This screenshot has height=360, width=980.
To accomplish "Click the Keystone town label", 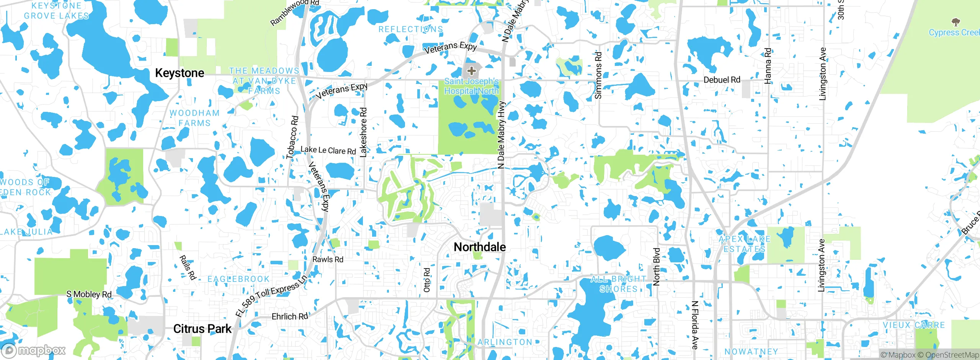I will [x=180, y=73].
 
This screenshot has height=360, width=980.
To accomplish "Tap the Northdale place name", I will [x=480, y=247].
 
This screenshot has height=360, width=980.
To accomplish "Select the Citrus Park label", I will [x=202, y=329].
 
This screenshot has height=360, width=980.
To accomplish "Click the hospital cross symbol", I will [x=472, y=71].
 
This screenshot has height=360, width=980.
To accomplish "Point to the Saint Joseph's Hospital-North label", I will [x=471, y=86].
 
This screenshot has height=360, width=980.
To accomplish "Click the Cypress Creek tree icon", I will [x=955, y=22].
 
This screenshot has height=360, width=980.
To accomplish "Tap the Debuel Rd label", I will [x=722, y=80].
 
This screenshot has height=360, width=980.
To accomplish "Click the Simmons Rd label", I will [x=598, y=75].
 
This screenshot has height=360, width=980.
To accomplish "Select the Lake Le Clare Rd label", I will [x=328, y=150].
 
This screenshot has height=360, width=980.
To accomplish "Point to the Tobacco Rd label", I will [x=292, y=137].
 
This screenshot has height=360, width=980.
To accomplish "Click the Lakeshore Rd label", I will [x=363, y=132].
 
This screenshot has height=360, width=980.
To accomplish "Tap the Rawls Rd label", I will [x=328, y=259].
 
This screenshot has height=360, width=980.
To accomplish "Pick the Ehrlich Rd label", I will [x=289, y=316].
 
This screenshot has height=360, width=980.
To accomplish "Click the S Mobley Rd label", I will [x=89, y=294].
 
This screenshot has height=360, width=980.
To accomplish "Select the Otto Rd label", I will [x=427, y=280].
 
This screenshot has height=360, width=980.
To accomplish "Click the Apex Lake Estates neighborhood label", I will [x=744, y=244].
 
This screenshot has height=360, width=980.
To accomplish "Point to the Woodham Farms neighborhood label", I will [x=194, y=118].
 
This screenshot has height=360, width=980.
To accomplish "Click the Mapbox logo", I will [x=34, y=350].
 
